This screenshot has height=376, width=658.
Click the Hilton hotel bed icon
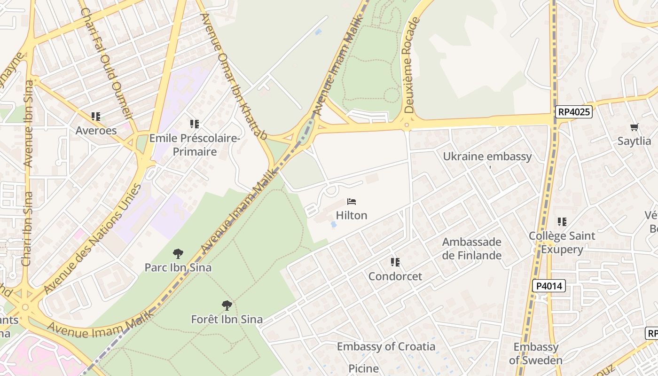[x=352, y=202]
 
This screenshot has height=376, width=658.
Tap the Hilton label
[x=352, y=215]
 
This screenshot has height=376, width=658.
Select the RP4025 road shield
[x=573, y=112]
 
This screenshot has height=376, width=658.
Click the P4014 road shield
[x=549, y=286]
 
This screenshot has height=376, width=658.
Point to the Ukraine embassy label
[x=487, y=157]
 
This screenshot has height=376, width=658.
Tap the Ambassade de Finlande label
[x=472, y=249]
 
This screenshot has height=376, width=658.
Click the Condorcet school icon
[x=395, y=262]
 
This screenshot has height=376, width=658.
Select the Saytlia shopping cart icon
[x=634, y=127]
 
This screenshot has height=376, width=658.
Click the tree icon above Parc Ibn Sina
[x=178, y=254]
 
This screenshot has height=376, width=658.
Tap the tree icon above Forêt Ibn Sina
[x=227, y=305]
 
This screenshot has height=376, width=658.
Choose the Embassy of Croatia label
[x=386, y=346]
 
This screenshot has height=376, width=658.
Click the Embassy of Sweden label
[x=536, y=353]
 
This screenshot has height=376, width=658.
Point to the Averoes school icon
[x=96, y=116]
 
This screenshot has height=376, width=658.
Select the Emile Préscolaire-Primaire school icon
[x=195, y=124]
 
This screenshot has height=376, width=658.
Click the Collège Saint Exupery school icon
[x=562, y=221]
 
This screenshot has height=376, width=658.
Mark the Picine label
[x=364, y=368]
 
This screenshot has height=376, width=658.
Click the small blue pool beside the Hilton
[x=334, y=225]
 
